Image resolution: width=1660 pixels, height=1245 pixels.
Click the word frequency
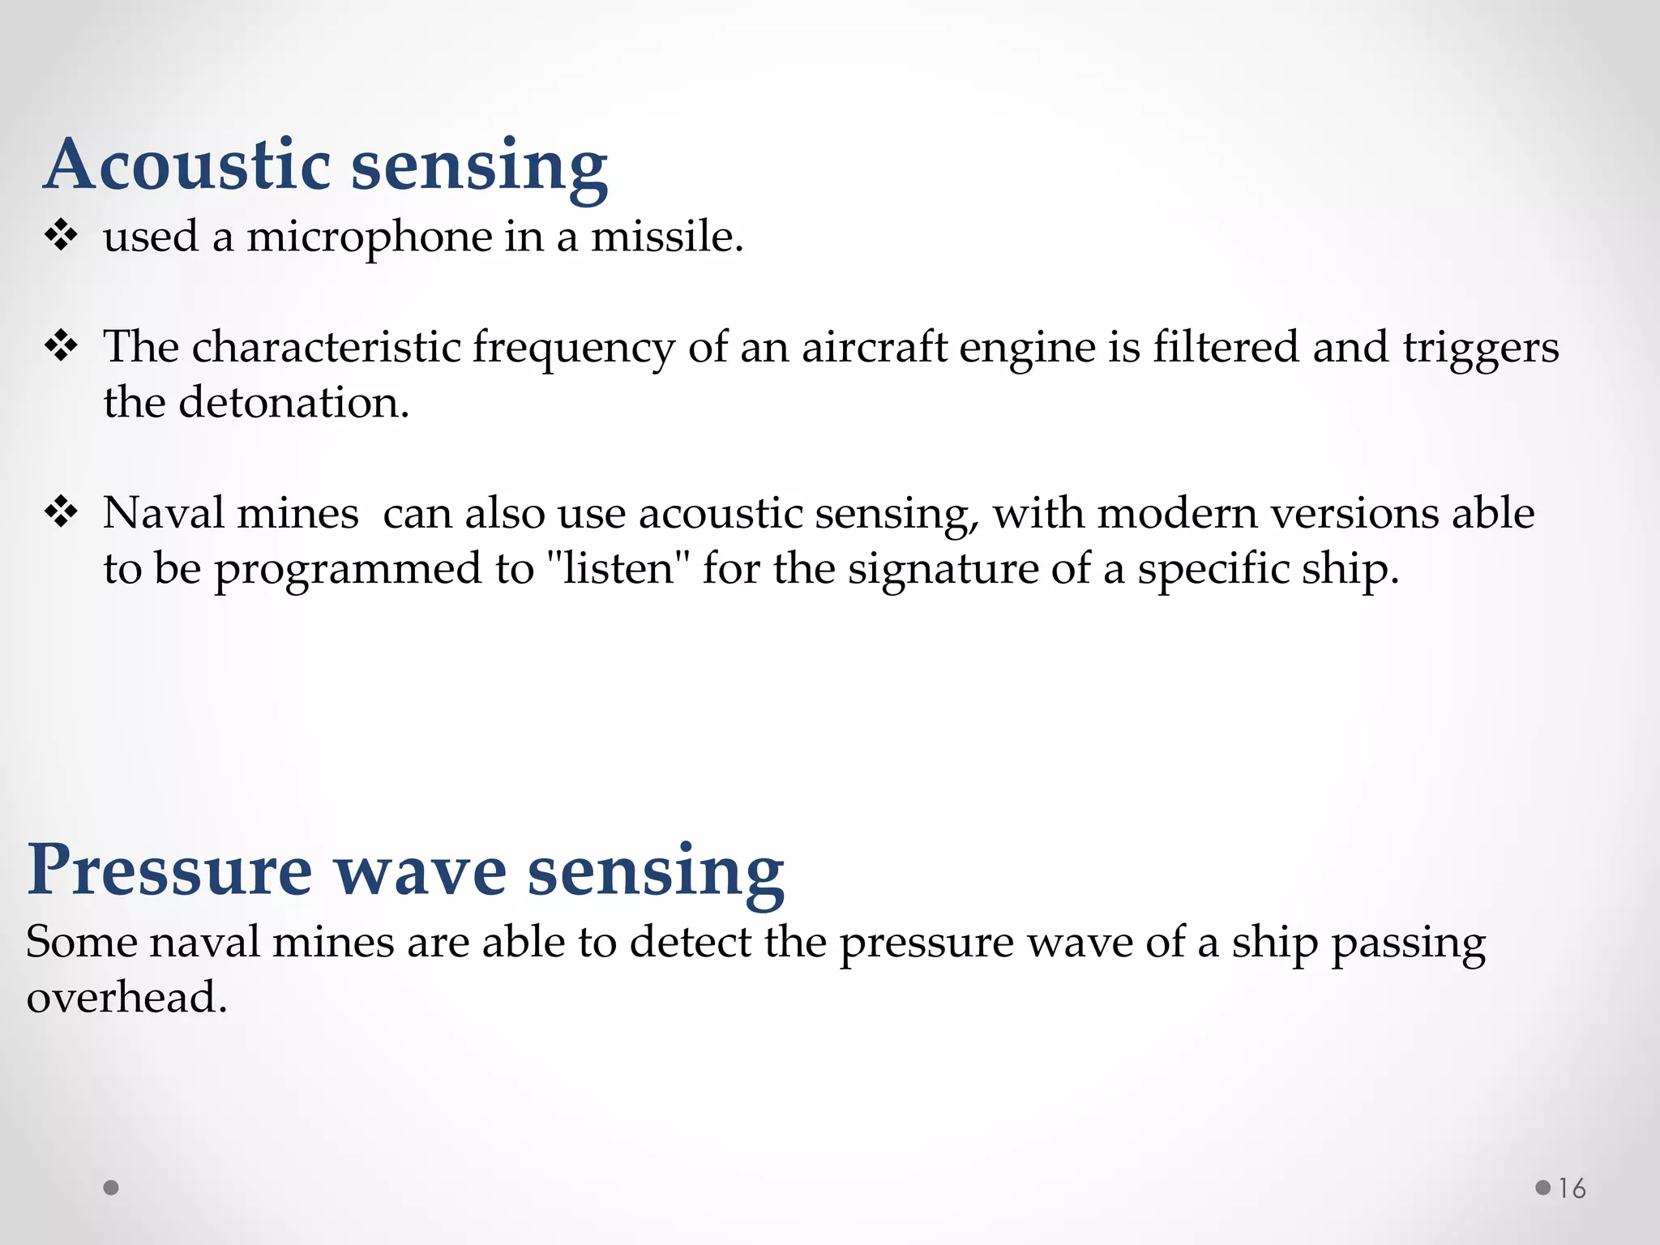(x=573, y=349)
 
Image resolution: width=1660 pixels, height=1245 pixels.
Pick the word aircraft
(x=874, y=347)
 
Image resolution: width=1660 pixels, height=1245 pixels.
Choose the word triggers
(x=1481, y=349)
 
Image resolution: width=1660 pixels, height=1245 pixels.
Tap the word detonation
(x=293, y=402)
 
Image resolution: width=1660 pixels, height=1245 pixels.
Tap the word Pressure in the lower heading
(x=169, y=871)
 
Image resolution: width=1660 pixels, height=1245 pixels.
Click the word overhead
(x=126, y=997)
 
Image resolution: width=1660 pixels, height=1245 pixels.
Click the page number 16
(x=1572, y=1188)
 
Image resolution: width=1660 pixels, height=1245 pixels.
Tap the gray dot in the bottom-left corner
(x=112, y=1187)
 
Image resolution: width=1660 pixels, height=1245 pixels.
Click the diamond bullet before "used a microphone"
(x=62, y=236)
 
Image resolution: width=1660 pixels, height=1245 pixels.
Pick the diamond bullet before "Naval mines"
(x=62, y=512)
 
